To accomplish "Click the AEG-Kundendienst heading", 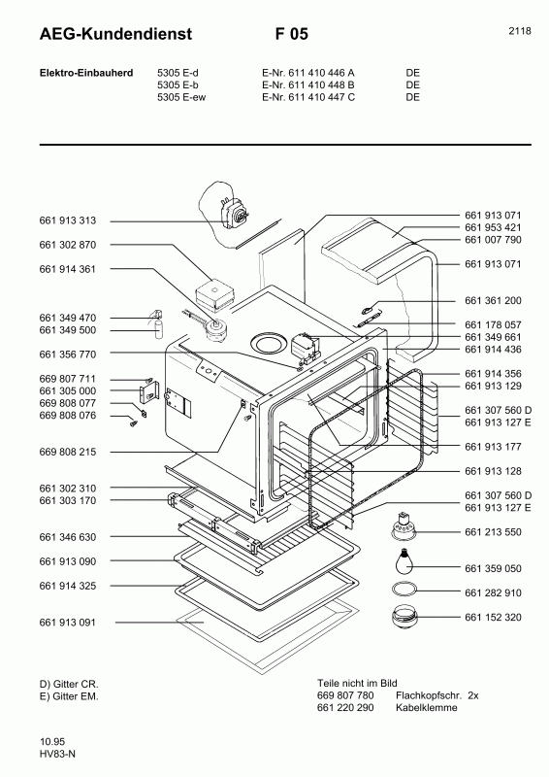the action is pyautogui.click(x=115, y=34).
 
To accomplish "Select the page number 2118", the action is pyautogui.click(x=520, y=31).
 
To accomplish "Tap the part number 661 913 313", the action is pyautogui.click(x=68, y=220).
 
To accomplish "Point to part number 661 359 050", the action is pyautogui.click(x=493, y=568).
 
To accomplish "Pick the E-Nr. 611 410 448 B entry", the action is pyautogui.click(x=308, y=84).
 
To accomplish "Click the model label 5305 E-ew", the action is pyautogui.click(x=181, y=97).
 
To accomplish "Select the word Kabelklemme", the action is pyautogui.click(x=426, y=708).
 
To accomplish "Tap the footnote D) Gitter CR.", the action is pyautogui.click(x=69, y=684).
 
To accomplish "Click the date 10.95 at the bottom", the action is pyautogui.click(x=52, y=742).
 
